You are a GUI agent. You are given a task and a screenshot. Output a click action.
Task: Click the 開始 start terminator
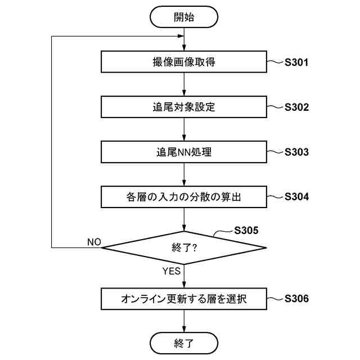tap(184, 17)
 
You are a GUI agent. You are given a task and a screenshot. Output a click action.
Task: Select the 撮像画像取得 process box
tap(184, 62)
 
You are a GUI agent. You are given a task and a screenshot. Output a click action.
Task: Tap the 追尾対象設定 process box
tap(184, 107)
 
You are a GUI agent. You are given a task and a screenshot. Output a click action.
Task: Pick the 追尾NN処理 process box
tap(184, 152)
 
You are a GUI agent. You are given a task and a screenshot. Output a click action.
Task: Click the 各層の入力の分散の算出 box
tap(184, 197)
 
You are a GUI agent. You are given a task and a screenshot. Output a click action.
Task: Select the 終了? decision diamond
tap(184, 247)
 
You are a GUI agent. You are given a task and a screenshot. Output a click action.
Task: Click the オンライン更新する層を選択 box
tap(184, 299)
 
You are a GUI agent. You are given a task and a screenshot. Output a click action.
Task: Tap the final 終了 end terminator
tap(184, 343)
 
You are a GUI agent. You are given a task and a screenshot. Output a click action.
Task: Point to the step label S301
tap(296, 62)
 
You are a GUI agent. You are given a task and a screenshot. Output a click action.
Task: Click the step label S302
tap(296, 107)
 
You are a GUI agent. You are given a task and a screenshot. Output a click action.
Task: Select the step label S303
tap(296, 152)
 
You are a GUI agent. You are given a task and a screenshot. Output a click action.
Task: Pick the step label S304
tap(296, 197)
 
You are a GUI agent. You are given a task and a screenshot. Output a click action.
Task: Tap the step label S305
tap(246, 230)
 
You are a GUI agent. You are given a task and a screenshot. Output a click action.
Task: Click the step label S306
tap(296, 299)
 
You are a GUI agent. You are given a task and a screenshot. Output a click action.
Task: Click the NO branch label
tap(94, 242)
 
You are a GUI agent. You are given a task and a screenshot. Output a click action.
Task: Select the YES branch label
tap(171, 271)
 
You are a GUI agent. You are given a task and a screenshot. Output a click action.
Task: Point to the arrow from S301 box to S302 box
tap(184, 84)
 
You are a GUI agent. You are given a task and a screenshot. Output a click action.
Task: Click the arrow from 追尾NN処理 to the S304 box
tap(184, 174)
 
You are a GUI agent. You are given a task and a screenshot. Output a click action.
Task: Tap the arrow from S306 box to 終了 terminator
tap(184, 321)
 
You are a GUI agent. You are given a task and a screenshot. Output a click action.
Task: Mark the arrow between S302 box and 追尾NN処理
tap(184, 129)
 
